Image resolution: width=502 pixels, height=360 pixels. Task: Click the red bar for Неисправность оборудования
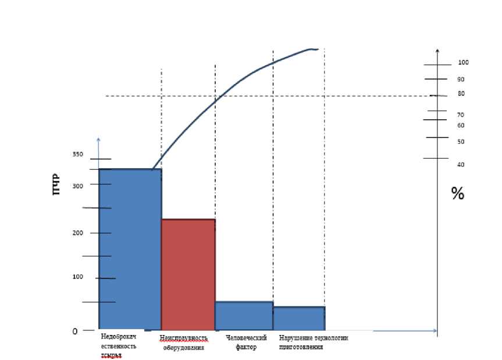pyautogui.click(x=188, y=274)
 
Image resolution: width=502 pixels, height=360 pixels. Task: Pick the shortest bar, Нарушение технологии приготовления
pyautogui.click(x=298, y=318)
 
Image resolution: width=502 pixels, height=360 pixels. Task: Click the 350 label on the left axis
pyautogui.click(x=78, y=154)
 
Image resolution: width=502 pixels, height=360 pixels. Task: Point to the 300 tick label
pyautogui.click(x=78, y=186)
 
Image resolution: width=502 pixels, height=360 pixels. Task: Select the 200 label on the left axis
pyautogui.click(x=78, y=233)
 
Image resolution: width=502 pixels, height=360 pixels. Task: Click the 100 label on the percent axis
pyautogui.click(x=464, y=62)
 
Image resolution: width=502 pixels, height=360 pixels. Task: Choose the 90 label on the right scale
pyautogui.click(x=461, y=79)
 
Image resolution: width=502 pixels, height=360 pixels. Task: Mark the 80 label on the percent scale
pyautogui.click(x=461, y=93)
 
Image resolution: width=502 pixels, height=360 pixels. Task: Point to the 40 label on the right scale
pyautogui.click(x=461, y=165)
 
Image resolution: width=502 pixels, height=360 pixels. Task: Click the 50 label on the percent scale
pyautogui.click(x=461, y=141)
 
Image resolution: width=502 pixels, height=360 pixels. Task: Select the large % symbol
pyautogui.click(x=458, y=194)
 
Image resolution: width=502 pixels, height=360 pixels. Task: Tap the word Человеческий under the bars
pyautogui.click(x=245, y=338)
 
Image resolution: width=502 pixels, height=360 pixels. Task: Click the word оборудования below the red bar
pyautogui.click(x=183, y=348)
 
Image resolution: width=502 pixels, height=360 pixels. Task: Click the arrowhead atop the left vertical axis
pyautogui.click(x=98, y=140)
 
